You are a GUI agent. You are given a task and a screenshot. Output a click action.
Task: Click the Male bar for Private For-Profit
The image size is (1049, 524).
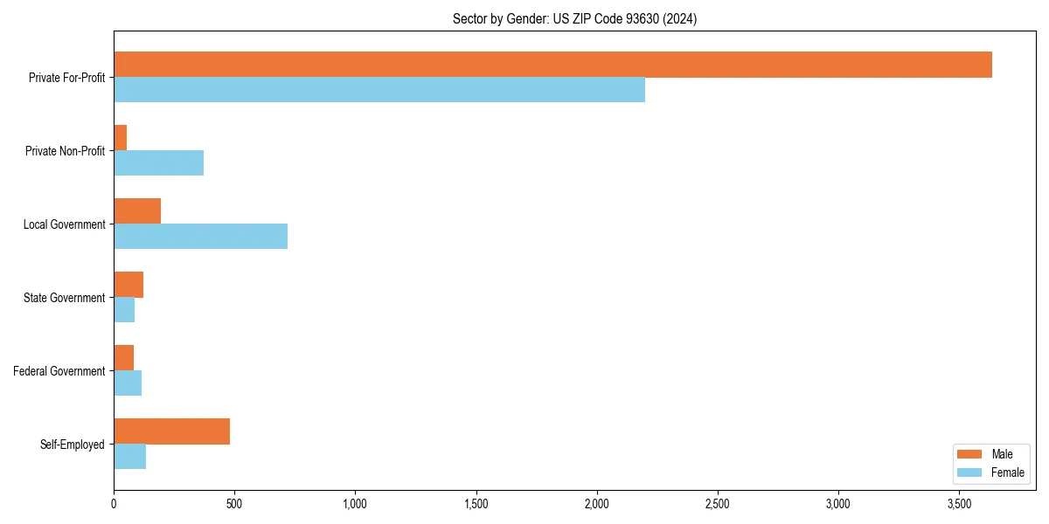(552, 65)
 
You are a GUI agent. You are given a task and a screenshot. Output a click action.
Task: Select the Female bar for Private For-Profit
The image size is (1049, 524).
(379, 89)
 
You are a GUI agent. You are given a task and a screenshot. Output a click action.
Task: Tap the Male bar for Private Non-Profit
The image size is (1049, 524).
(121, 138)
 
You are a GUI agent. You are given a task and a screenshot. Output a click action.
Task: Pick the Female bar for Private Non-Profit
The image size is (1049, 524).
(158, 162)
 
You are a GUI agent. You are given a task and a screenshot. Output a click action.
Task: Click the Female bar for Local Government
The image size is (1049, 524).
(200, 236)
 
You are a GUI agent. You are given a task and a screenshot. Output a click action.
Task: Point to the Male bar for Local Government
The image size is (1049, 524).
(137, 211)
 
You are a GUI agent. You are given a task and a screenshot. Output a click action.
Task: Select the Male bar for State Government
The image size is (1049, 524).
(129, 285)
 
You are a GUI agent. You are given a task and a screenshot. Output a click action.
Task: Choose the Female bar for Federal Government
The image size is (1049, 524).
(128, 383)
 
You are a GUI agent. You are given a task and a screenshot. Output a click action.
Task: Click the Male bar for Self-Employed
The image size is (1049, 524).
(171, 431)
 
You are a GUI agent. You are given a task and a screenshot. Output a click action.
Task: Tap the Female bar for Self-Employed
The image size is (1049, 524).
(129, 456)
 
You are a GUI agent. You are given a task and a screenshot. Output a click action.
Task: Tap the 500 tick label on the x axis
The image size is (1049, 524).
(234, 504)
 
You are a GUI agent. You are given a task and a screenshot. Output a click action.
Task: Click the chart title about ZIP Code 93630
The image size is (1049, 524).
(574, 18)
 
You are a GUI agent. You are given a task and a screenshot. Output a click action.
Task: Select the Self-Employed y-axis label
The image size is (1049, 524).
(73, 445)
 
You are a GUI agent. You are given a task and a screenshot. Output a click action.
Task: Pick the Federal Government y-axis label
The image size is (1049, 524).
(59, 371)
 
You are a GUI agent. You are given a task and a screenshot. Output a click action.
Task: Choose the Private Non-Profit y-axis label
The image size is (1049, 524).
(65, 151)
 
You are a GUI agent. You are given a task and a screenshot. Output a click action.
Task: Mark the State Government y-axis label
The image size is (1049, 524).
(65, 298)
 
